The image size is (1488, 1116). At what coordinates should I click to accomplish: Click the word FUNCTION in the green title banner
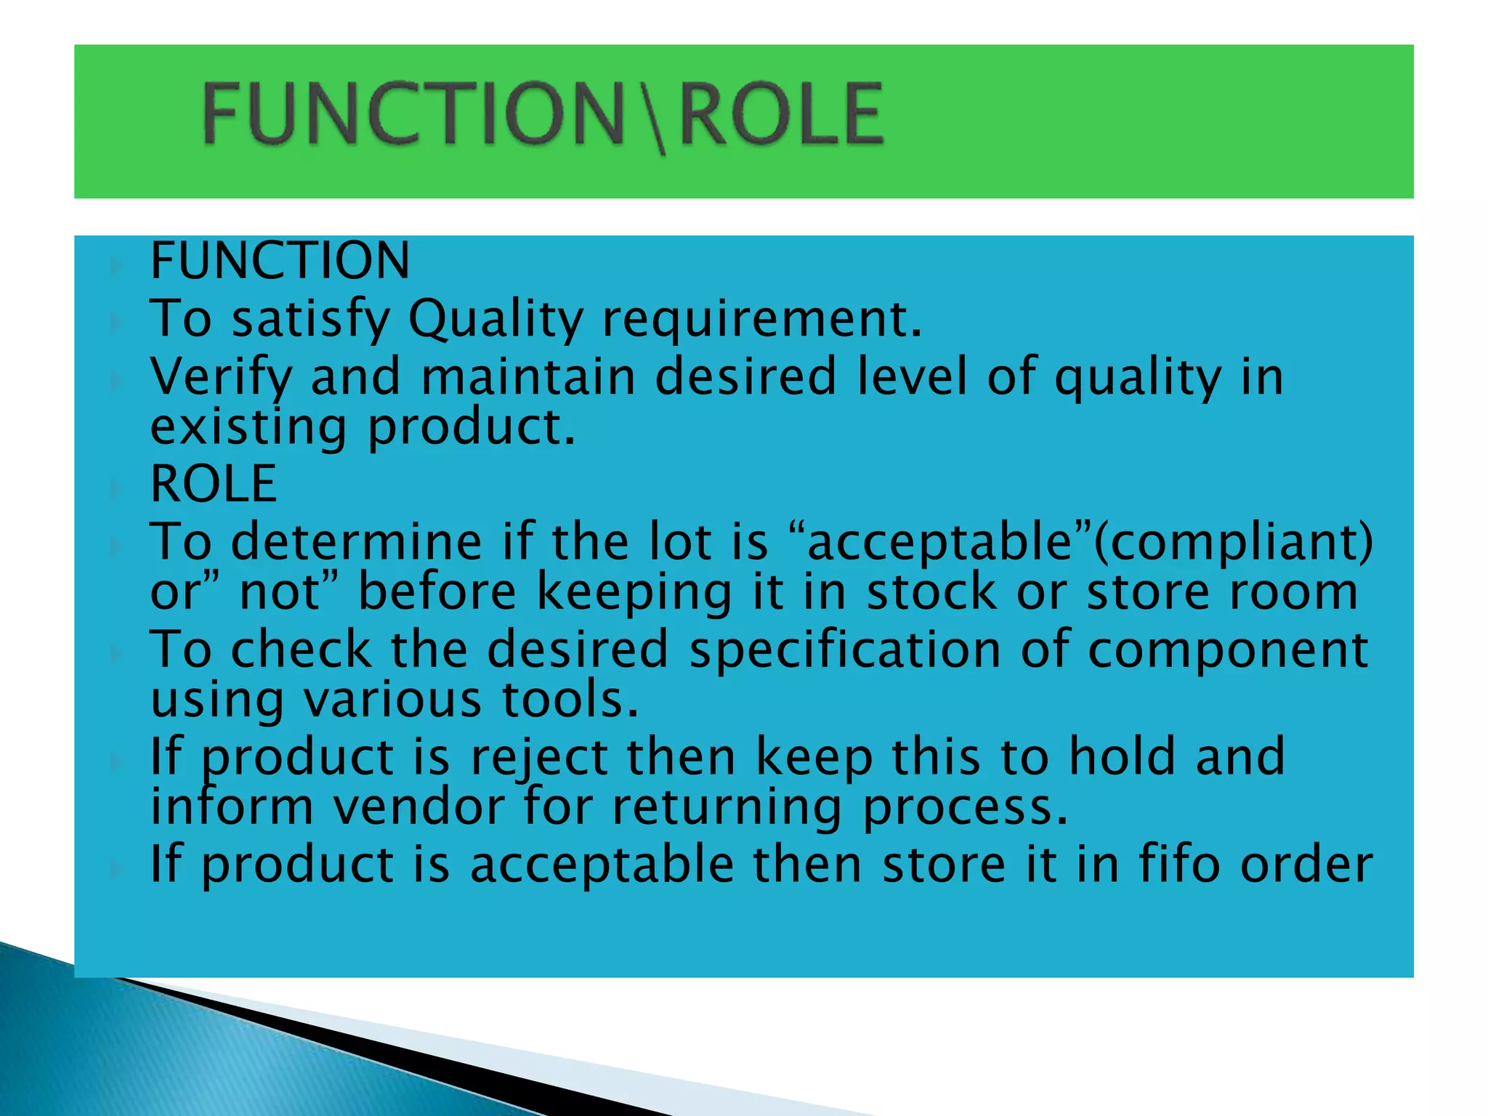pyautogui.click(x=413, y=114)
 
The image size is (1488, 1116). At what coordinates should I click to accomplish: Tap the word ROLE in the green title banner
pyautogui.click(x=782, y=114)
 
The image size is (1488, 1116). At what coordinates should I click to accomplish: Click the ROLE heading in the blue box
pyautogui.click(x=214, y=484)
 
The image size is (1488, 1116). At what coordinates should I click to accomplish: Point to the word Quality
pyautogui.click(x=496, y=320)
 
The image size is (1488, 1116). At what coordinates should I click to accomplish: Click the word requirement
pyautogui.click(x=762, y=320)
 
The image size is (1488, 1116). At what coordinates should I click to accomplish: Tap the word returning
pyautogui.click(x=727, y=808)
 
